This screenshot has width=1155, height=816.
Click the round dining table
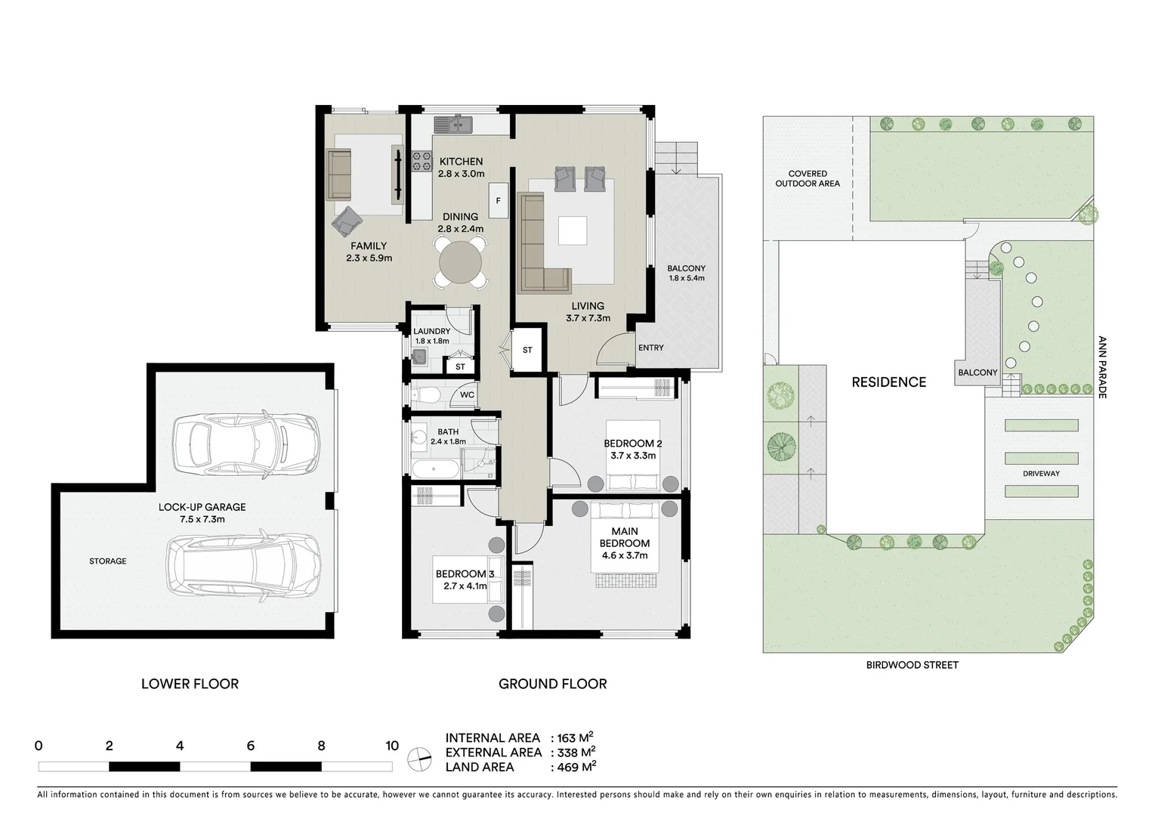[460, 261]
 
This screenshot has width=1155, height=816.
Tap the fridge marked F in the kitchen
[498, 201]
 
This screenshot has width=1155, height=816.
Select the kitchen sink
[452, 123]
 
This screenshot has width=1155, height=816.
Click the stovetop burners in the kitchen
[421, 159]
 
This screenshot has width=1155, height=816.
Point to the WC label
[467, 395]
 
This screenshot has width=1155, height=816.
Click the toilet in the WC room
[428, 394]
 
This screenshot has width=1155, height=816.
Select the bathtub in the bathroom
[435, 469]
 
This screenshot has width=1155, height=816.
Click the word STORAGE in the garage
[108, 561]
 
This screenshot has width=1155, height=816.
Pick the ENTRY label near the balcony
[650, 348]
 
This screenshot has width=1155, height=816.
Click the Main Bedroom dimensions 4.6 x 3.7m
[625, 555]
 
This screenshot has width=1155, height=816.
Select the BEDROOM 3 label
[465, 574]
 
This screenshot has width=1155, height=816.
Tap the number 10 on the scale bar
[391, 746]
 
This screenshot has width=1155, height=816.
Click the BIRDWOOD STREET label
[912, 665]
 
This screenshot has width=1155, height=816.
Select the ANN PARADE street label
[1101, 367]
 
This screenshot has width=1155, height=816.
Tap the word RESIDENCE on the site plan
[888, 382]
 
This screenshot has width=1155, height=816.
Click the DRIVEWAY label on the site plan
[1041, 474]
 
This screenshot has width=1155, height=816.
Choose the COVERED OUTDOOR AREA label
[808, 178]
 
